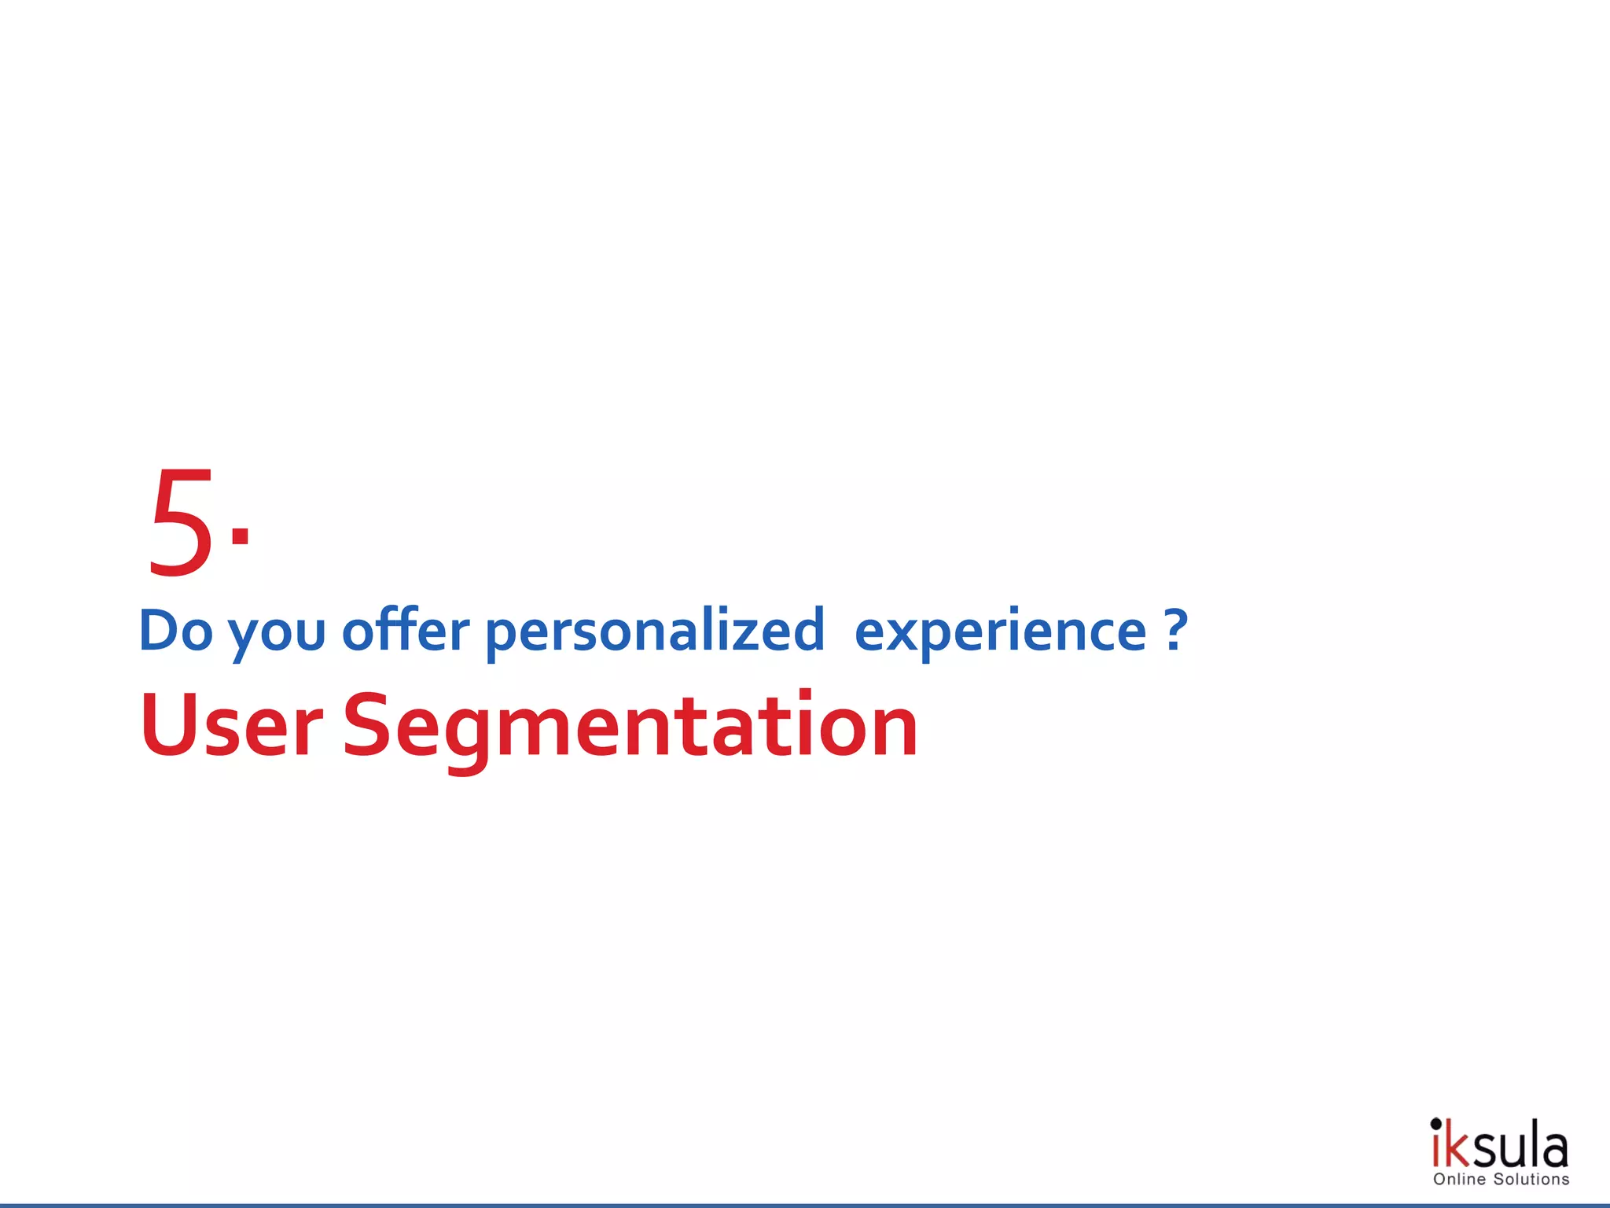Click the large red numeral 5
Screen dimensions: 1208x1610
(181, 522)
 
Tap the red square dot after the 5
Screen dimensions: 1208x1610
(241, 536)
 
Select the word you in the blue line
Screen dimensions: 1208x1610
(277, 634)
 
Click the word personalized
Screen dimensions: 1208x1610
(655, 632)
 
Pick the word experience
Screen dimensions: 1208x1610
(1000, 634)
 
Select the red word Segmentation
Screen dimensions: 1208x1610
(630, 727)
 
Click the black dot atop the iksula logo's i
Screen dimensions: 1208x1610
(1436, 1123)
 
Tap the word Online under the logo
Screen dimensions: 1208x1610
(1459, 1180)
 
